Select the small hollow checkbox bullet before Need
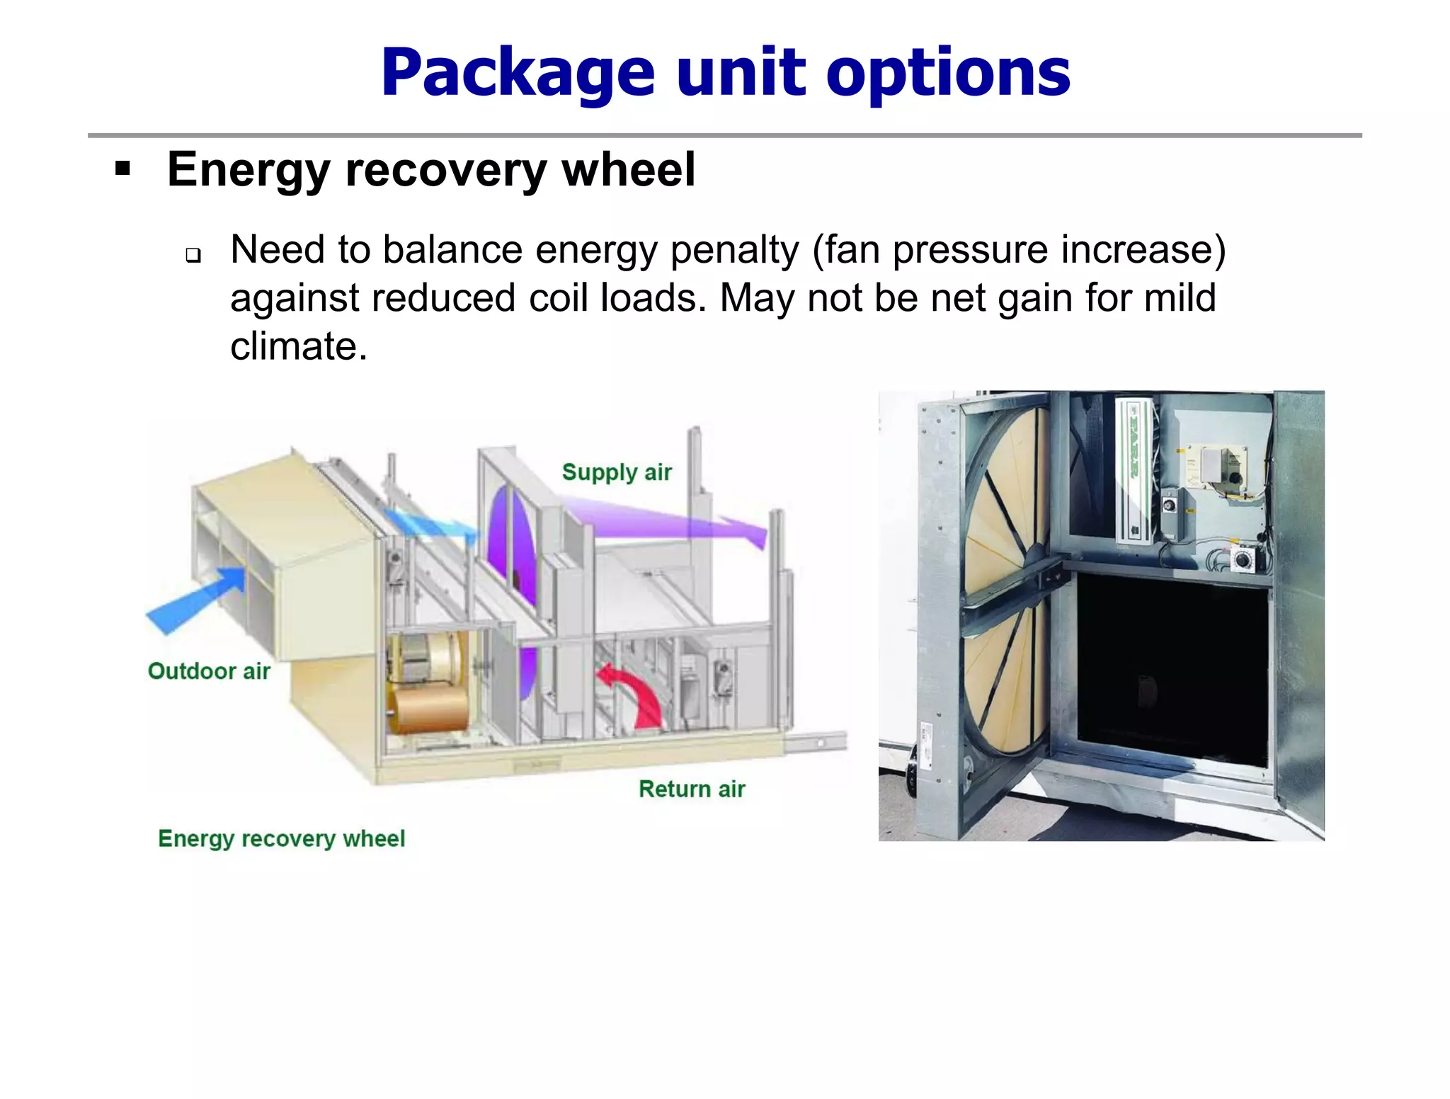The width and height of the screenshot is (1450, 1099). pyautogui.click(x=193, y=255)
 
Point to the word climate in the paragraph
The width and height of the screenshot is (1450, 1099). pyautogui.click(x=298, y=347)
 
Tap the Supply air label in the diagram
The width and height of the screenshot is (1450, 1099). pyautogui.click(x=616, y=472)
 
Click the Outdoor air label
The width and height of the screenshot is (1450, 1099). pyautogui.click(x=209, y=671)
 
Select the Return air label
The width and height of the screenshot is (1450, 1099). pyautogui.click(x=692, y=789)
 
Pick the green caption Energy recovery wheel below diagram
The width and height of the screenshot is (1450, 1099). pyautogui.click(x=281, y=838)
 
